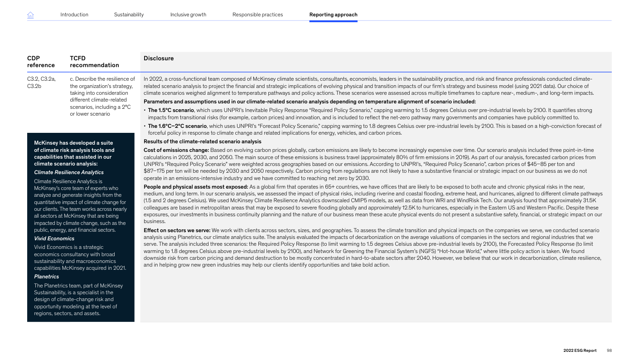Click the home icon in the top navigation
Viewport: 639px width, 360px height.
point(30,15)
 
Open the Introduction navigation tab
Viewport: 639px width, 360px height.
point(74,15)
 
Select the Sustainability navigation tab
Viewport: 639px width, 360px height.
point(129,15)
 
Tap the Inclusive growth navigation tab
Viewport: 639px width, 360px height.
point(188,15)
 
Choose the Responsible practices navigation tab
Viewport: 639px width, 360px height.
point(257,15)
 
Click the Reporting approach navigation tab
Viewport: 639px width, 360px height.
point(333,15)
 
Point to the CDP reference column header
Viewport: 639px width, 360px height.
point(41,62)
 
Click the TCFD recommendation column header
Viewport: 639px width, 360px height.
point(94,62)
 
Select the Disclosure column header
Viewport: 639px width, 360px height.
point(159,58)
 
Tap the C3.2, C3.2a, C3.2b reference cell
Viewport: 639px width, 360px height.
point(42,83)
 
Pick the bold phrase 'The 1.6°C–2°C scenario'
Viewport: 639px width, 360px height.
point(177,126)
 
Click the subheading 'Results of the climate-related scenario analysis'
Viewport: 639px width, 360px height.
point(202,141)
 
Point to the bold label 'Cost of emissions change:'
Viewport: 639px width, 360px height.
point(176,150)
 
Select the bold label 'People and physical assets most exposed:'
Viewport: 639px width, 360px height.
point(196,187)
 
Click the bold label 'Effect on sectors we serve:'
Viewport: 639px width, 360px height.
point(177,230)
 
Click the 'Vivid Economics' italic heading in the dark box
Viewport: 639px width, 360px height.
point(54,238)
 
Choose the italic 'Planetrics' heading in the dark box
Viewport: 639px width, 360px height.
point(47,277)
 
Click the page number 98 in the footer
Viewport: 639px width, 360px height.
point(609,350)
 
